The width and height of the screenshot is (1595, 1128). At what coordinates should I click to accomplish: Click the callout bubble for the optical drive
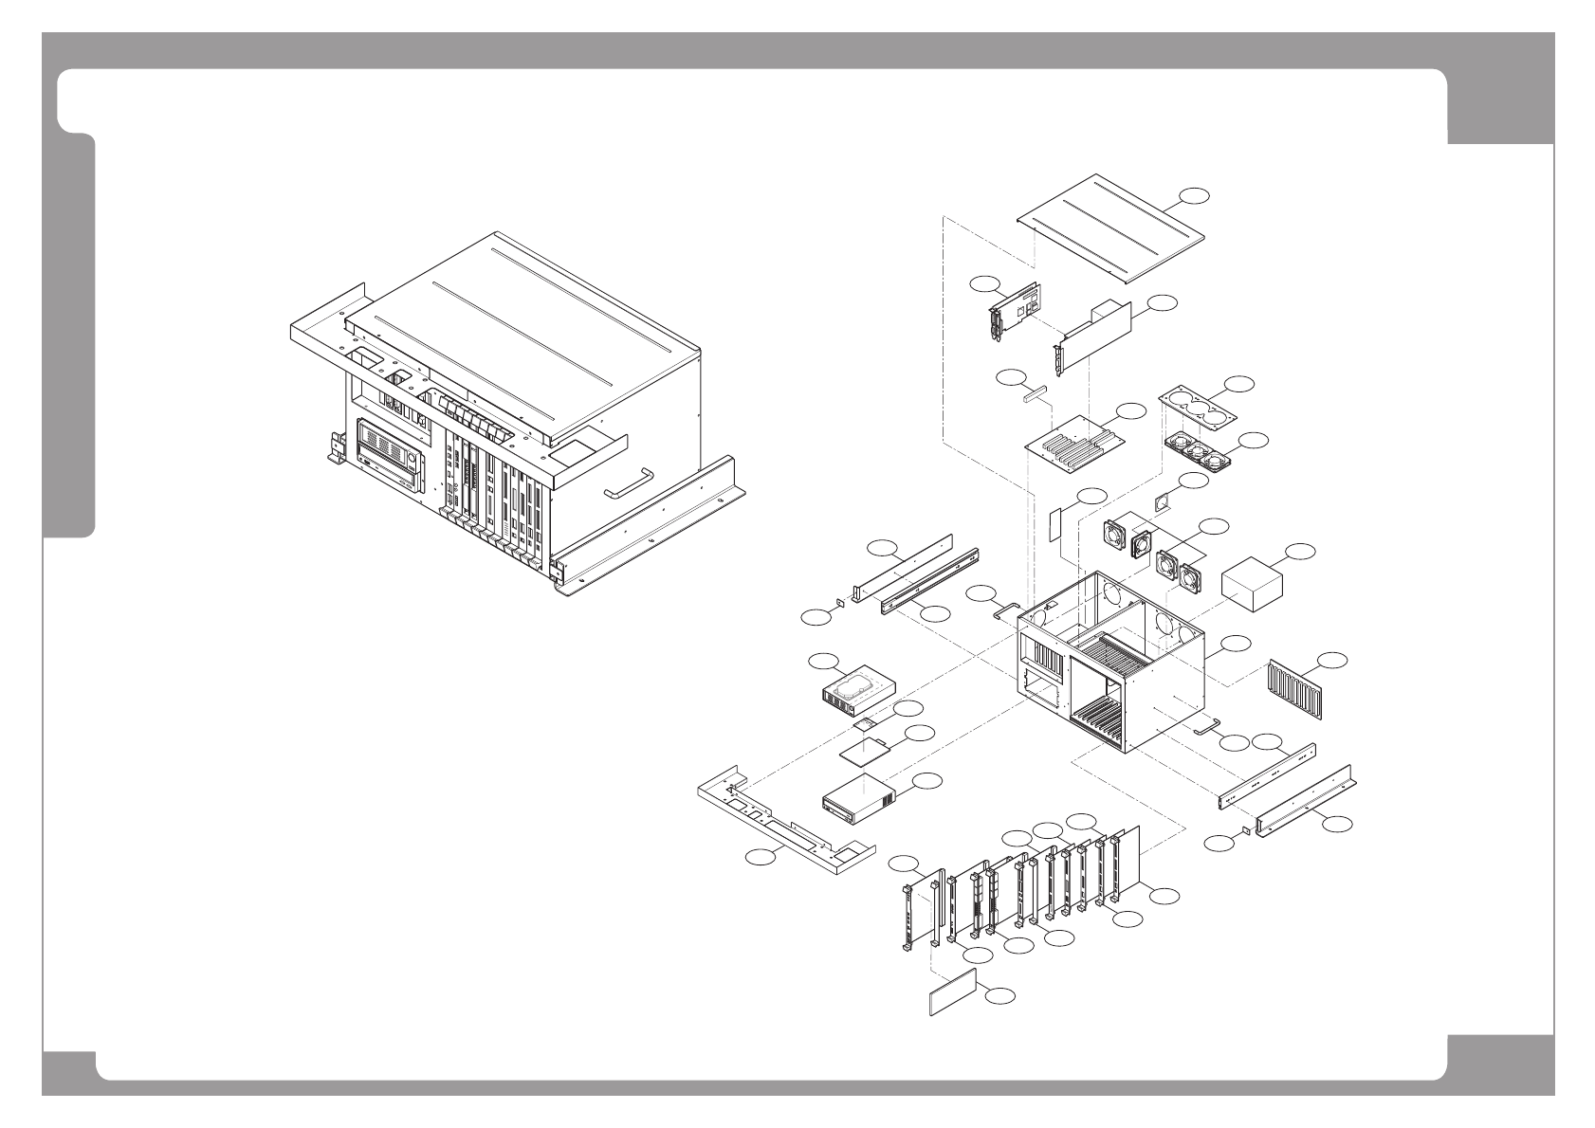pyautogui.click(x=928, y=779)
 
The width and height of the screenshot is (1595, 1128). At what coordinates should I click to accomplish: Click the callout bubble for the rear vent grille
pyautogui.click(x=1333, y=658)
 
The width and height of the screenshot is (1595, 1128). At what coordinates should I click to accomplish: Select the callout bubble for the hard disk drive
pyautogui.click(x=822, y=660)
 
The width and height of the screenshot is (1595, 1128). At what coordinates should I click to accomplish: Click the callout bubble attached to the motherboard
pyautogui.click(x=1131, y=410)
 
